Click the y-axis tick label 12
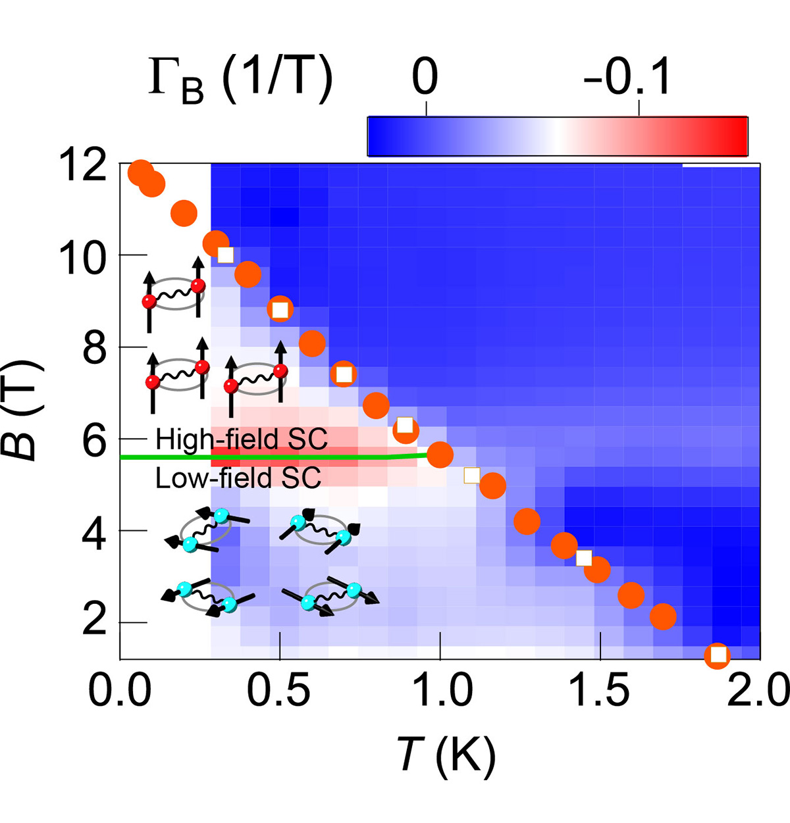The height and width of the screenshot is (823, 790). pos(83,165)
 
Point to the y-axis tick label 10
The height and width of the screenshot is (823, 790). pos(82,257)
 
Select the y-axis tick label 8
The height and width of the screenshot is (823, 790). pos(94,349)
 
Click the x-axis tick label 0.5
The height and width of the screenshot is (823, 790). pos(280,691)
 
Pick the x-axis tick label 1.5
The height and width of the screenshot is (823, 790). pos(600,691)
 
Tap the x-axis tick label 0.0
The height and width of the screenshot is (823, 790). pos(120,691)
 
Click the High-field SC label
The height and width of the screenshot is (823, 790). pos(241,439)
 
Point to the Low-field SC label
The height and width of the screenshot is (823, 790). pos(238,478)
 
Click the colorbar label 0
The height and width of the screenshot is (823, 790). pos(425,77)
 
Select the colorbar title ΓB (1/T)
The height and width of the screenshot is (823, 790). pos(240,82)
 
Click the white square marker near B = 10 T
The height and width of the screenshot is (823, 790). pos(226,255)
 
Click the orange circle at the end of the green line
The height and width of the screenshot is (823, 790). pos(440,455)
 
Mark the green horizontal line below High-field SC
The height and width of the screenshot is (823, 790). pos(263,457)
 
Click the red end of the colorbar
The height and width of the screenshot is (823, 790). pos(731,136)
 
